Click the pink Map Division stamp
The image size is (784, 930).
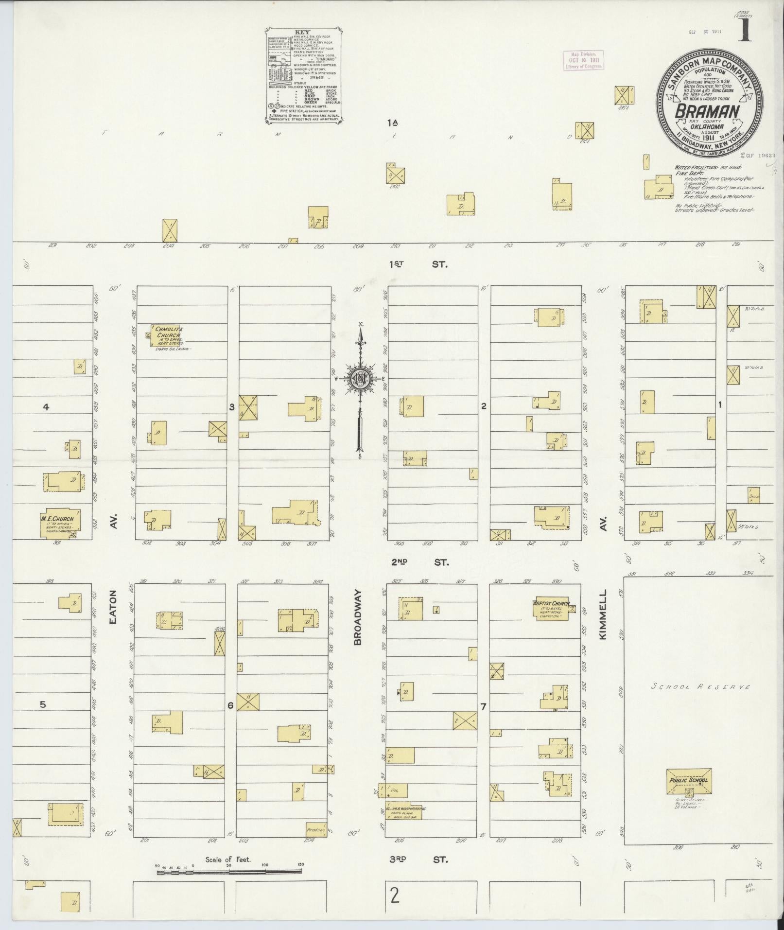click(x=583, y=60)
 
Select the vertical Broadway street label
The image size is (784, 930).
click(x=358, y=617)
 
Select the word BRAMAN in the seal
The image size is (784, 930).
click(x=707, y=112)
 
